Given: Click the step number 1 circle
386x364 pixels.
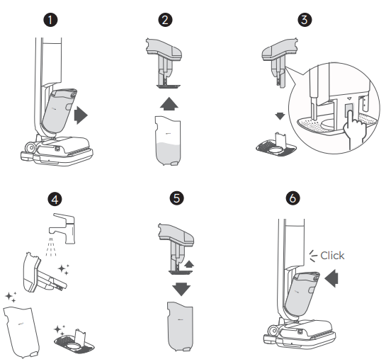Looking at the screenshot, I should click(50, 20).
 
